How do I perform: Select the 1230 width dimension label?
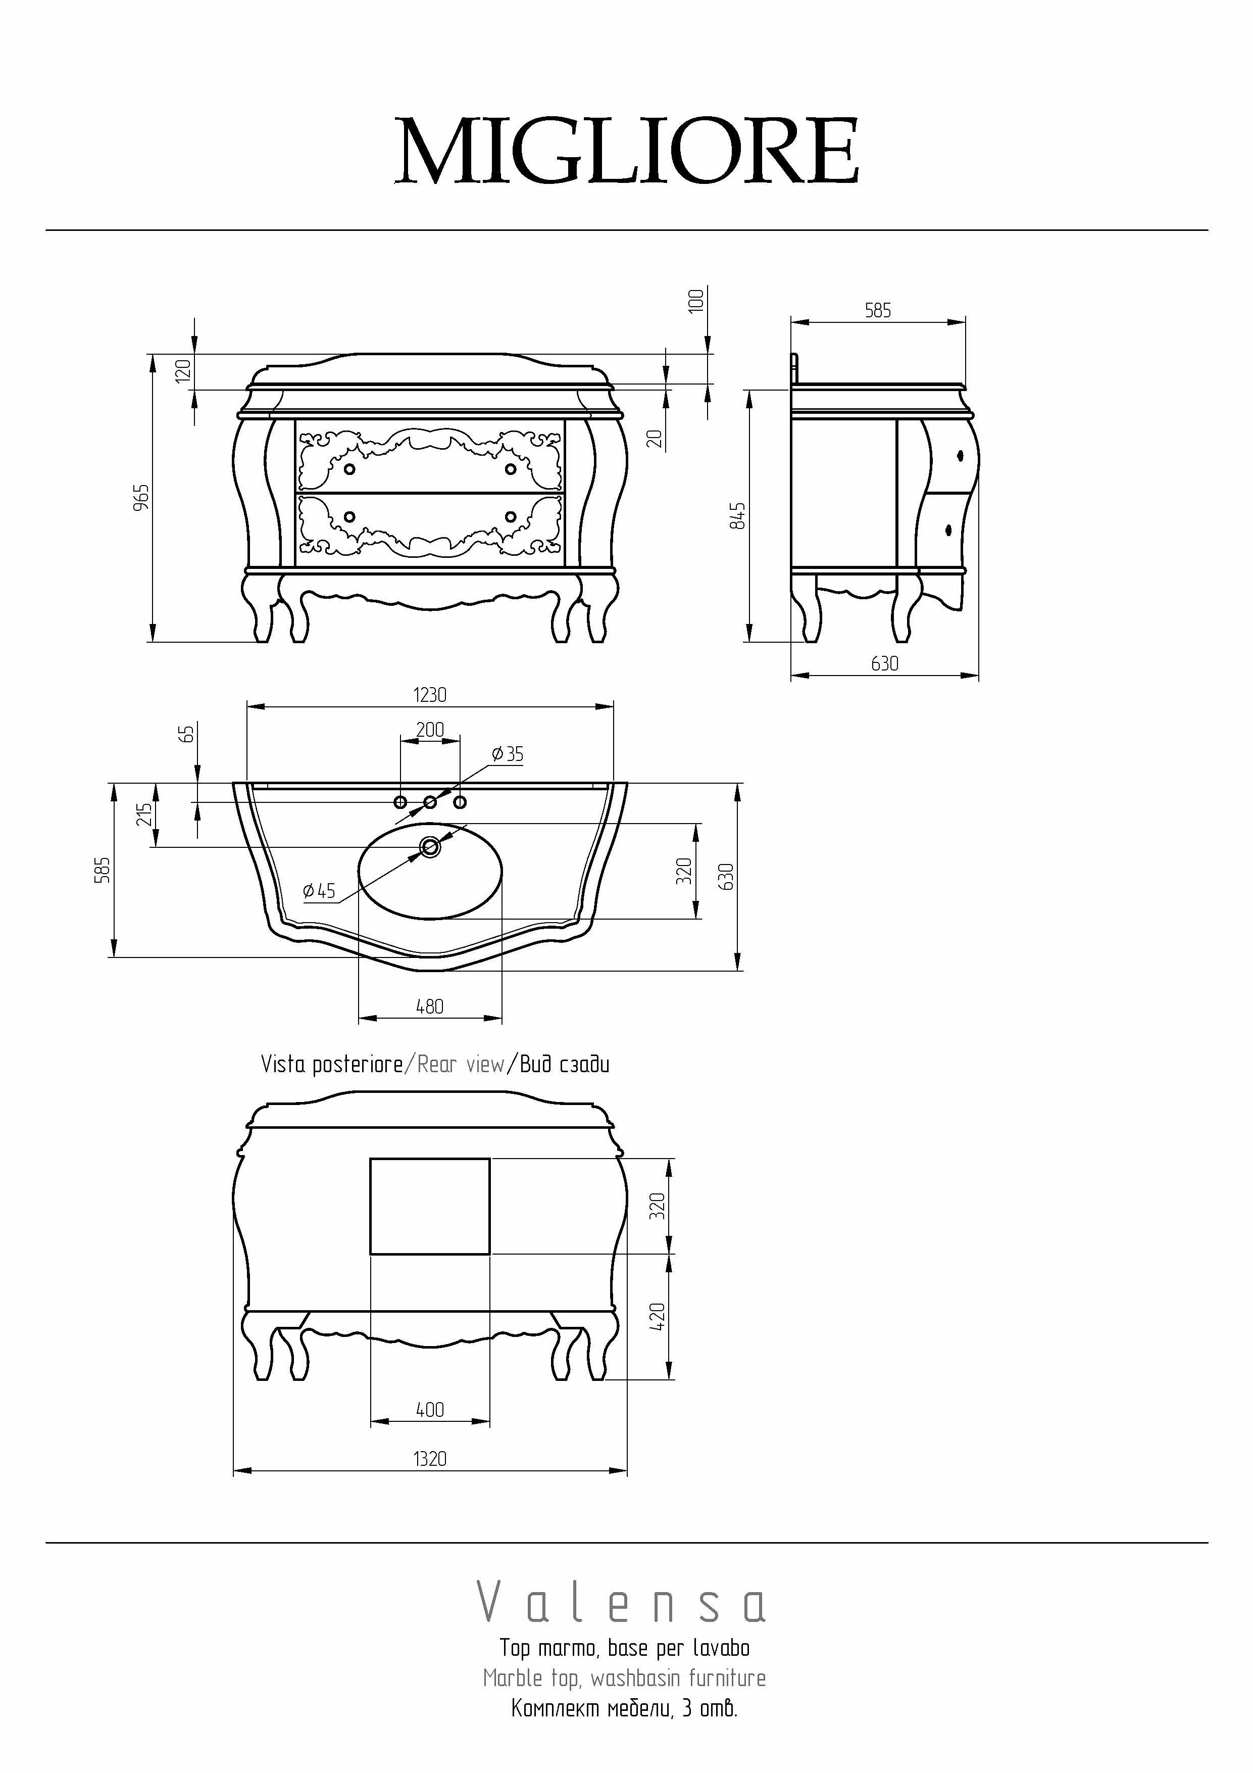[430, 695]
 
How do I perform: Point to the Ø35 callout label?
[507, 754]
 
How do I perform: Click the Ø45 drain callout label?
[319, 891]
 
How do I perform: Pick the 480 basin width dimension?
[430, 1006]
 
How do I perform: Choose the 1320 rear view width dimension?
[430, 1459]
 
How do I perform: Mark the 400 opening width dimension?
[430, 1410]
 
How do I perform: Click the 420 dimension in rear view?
[658, 1317]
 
